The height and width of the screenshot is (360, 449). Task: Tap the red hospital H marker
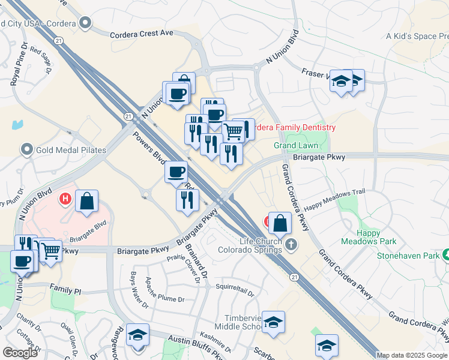pos(65,197)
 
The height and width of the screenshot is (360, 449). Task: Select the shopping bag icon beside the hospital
pos(87,202)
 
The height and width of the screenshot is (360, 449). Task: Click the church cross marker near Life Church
pos(291,244)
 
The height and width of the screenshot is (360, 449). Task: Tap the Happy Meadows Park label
pos(360,237)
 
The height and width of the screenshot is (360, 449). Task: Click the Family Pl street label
pos(65,290)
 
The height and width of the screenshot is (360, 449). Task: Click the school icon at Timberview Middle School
pos(273,322)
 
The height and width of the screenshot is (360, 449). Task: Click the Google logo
pos(20,353)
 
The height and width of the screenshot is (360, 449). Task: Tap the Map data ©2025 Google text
pos(412,355)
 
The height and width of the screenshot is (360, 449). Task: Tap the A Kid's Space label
pos(417,37)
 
